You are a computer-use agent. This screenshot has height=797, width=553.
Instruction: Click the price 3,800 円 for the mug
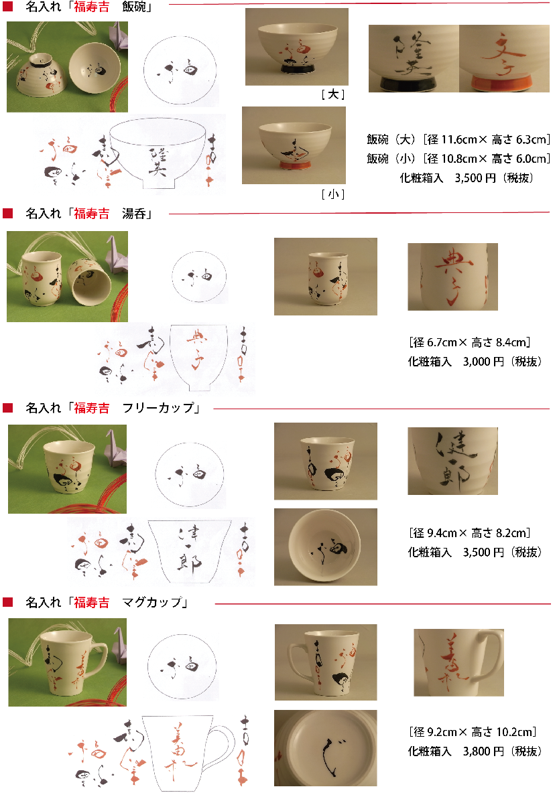483,751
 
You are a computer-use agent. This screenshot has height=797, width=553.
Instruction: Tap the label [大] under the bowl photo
333,95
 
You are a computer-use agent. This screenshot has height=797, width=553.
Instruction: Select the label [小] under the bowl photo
333,194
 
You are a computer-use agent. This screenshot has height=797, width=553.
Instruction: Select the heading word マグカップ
153,602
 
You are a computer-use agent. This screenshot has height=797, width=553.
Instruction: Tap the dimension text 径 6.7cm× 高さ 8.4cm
469,343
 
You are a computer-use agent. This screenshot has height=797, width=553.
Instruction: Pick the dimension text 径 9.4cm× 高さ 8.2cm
469,533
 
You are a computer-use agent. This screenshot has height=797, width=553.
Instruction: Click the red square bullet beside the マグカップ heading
8,602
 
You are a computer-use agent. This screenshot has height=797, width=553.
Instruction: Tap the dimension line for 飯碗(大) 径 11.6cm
458,139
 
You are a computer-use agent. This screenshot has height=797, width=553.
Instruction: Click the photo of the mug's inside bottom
325,748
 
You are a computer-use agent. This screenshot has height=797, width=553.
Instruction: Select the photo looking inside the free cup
325,547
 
